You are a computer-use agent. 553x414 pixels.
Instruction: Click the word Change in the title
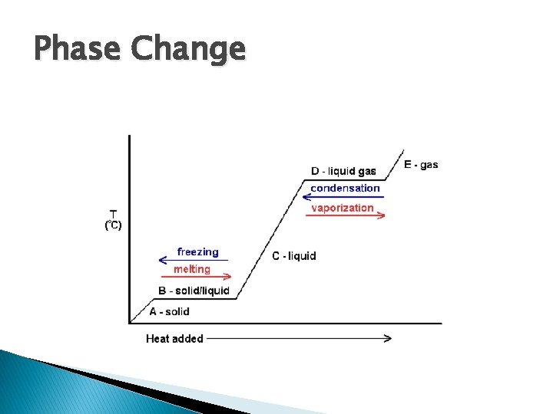[188, 51]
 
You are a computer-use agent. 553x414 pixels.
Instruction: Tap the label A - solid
[169, 311]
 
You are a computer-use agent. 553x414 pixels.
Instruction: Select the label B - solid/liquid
[194, 291]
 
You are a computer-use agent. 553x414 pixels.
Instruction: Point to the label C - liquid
[293, 255]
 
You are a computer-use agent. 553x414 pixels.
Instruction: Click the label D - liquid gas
[343, 171]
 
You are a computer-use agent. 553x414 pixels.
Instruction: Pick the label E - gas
[421, 164]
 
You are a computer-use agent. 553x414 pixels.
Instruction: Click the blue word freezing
[197, 251]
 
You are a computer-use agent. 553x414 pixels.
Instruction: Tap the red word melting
[191, 269]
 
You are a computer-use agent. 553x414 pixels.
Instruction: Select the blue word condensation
[345, 188]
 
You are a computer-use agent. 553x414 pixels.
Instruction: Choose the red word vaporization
[342, 208]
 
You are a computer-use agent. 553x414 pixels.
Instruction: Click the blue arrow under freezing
[193, 260]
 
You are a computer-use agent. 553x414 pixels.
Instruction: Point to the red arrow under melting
[195, 277]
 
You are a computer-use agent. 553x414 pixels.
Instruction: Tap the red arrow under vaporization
[345, 216]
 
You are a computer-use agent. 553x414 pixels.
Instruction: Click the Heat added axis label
[174, 338]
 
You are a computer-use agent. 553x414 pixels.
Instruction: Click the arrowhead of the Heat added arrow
[388, 338]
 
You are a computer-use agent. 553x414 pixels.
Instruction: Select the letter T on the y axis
[113, 213]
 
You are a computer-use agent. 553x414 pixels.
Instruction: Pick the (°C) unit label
[113, 225]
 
